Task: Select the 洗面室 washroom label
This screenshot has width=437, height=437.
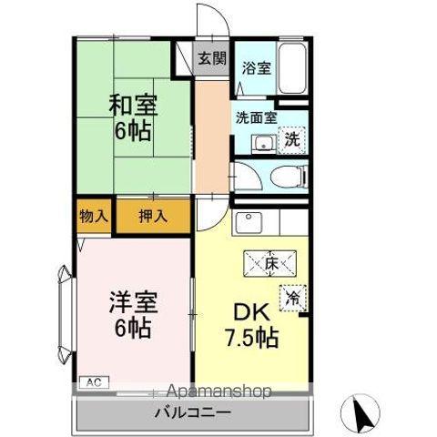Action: click(255, 117)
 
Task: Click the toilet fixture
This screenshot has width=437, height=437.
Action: click(284, 177)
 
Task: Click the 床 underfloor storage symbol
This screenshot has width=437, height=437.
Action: click(270, 265)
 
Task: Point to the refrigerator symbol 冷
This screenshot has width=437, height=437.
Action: click(293, 298)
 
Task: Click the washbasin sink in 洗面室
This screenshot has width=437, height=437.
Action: click(261, 142)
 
